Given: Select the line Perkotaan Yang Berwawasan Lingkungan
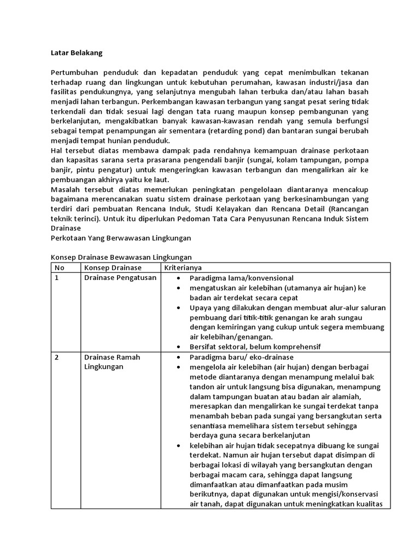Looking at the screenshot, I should tap(119, 238).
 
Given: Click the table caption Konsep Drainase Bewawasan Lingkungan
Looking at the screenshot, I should tap(121, 258).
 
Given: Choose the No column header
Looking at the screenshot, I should tap(59, 267).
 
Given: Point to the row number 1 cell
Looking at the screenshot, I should tap(57, 278).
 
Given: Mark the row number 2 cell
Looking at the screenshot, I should tap(57, 357).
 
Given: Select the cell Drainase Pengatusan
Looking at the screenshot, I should tap(120, 278).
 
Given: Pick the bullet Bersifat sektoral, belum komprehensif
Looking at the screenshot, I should tap(254, 347).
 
